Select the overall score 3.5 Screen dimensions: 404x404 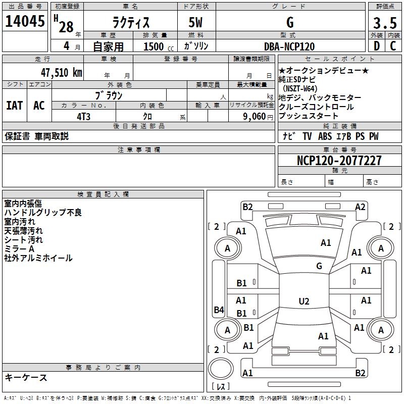click(384, 23)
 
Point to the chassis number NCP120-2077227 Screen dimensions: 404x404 click(339, 161)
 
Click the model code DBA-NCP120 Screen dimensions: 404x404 click(289, 46)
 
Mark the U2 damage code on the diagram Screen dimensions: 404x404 click(304, 301)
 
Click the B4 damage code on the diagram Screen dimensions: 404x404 click(219, 310)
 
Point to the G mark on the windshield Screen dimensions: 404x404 click(319, 266)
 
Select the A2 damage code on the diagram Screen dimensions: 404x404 click(360, 207)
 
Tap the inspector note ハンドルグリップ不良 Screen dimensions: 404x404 click(43, 213)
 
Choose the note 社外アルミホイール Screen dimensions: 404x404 click(38, 258)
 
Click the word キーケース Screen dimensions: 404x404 click(26, 377)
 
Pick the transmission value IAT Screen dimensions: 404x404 click(14, 106)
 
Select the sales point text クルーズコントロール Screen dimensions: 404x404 click(316, 107)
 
